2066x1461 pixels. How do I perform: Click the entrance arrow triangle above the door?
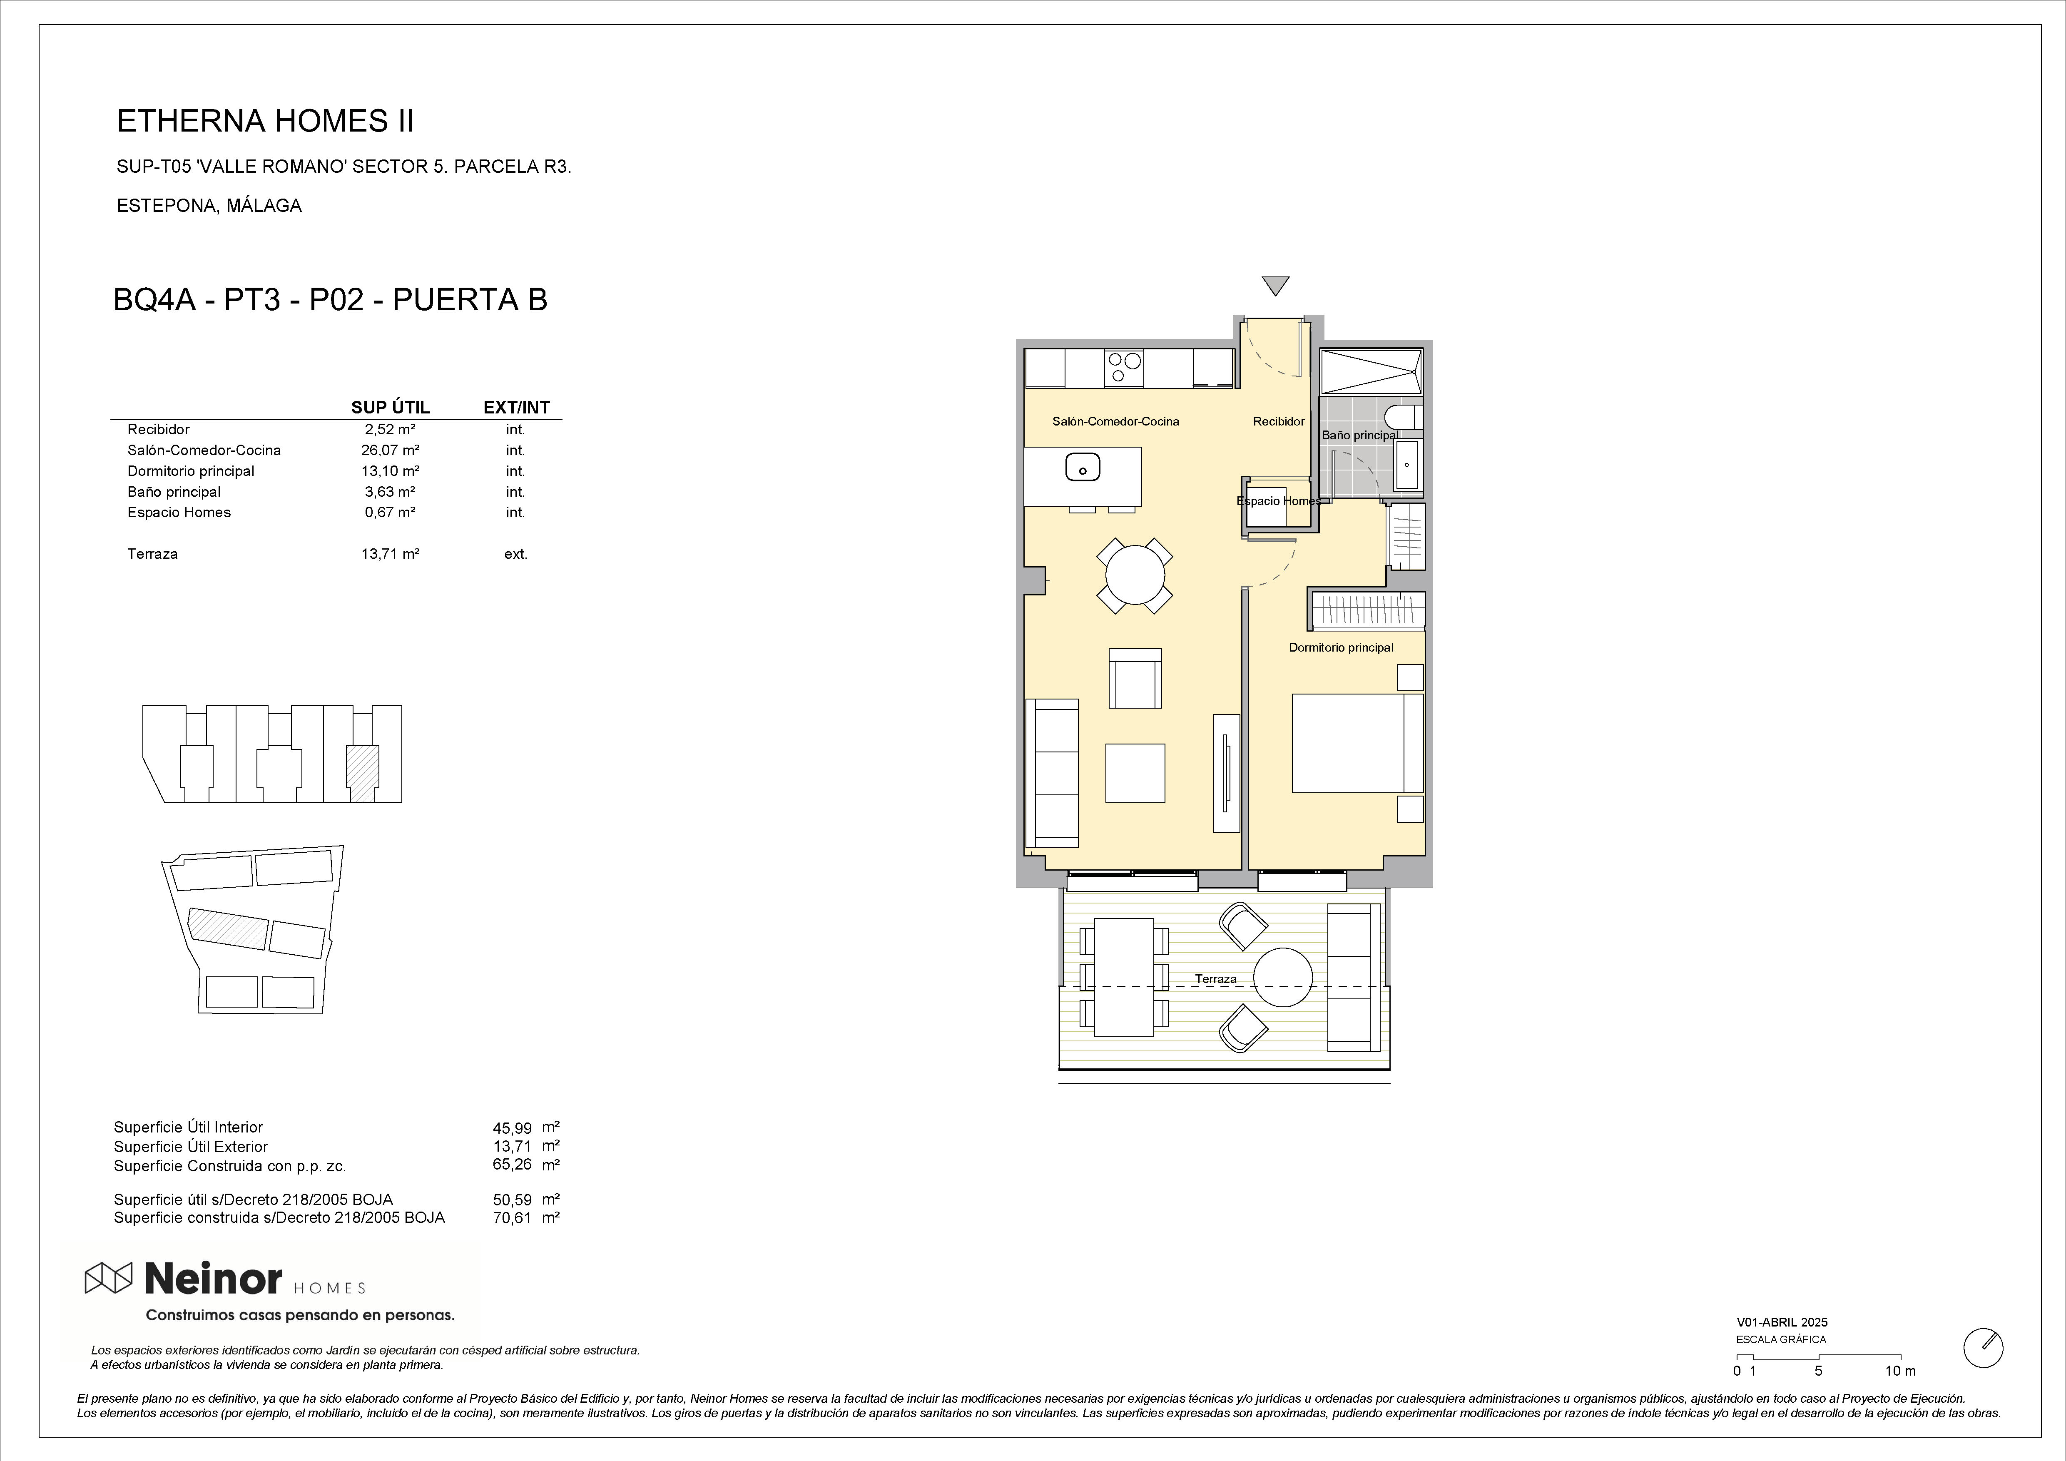point(1275,285)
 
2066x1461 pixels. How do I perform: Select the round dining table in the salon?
point(1135,576)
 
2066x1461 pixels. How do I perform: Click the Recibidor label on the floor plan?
point(1279,421)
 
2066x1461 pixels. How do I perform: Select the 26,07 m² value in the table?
point(391,450)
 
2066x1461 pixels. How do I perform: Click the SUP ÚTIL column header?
point(391,408)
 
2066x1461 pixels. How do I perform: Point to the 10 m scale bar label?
point(1900,1396)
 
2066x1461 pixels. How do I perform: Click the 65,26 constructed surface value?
point(512,1164)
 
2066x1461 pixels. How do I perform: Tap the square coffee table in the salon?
point(1135,773)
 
